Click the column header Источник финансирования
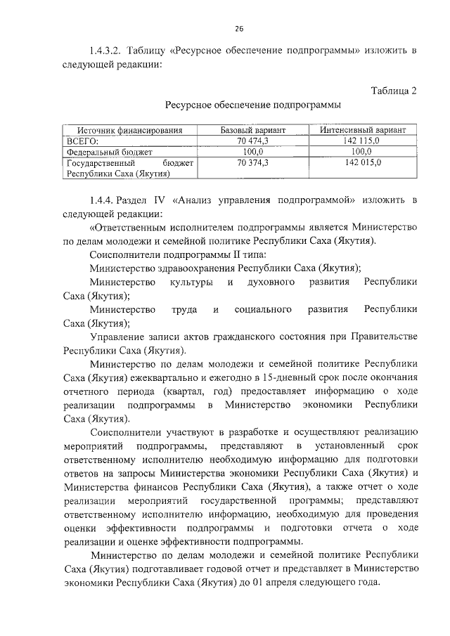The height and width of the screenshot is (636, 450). click(x=130, y=130)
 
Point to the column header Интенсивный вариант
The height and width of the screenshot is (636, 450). click(x=362, y=130)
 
